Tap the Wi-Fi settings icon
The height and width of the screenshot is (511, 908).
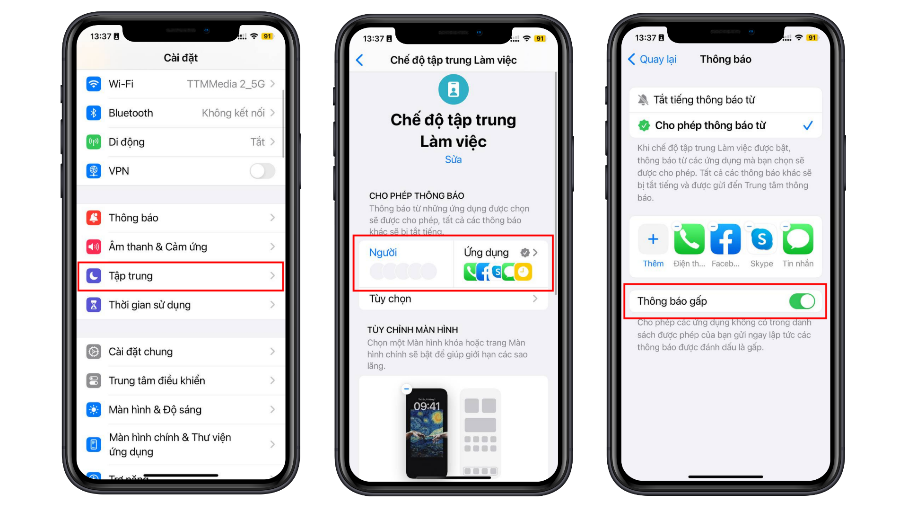pos(94,84)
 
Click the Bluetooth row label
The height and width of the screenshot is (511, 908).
pos(131,113)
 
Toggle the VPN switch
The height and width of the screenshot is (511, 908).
pos(262,171)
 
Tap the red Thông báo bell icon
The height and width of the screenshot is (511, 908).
pos(94,218)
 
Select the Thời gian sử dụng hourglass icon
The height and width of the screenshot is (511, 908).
pos(94,305)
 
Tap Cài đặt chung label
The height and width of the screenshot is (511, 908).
pos(140,352)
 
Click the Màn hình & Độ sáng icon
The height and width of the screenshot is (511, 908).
pos(94,410)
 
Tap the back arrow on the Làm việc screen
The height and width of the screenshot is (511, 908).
pos(360,60)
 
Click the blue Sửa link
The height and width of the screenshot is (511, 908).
pos(453,159)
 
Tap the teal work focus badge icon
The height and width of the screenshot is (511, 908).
pos(453,89)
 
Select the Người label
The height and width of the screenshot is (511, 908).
pos(383,253)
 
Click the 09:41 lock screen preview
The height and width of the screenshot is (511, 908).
pos(427,432)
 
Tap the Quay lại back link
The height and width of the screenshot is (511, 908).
pos(653,59)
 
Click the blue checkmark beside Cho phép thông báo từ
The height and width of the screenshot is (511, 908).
pos(808,125)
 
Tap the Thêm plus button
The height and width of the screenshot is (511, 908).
pos(653,239)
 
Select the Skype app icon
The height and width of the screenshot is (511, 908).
pos(761,239)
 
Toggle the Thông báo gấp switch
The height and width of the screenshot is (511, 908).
pos(802,301)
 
